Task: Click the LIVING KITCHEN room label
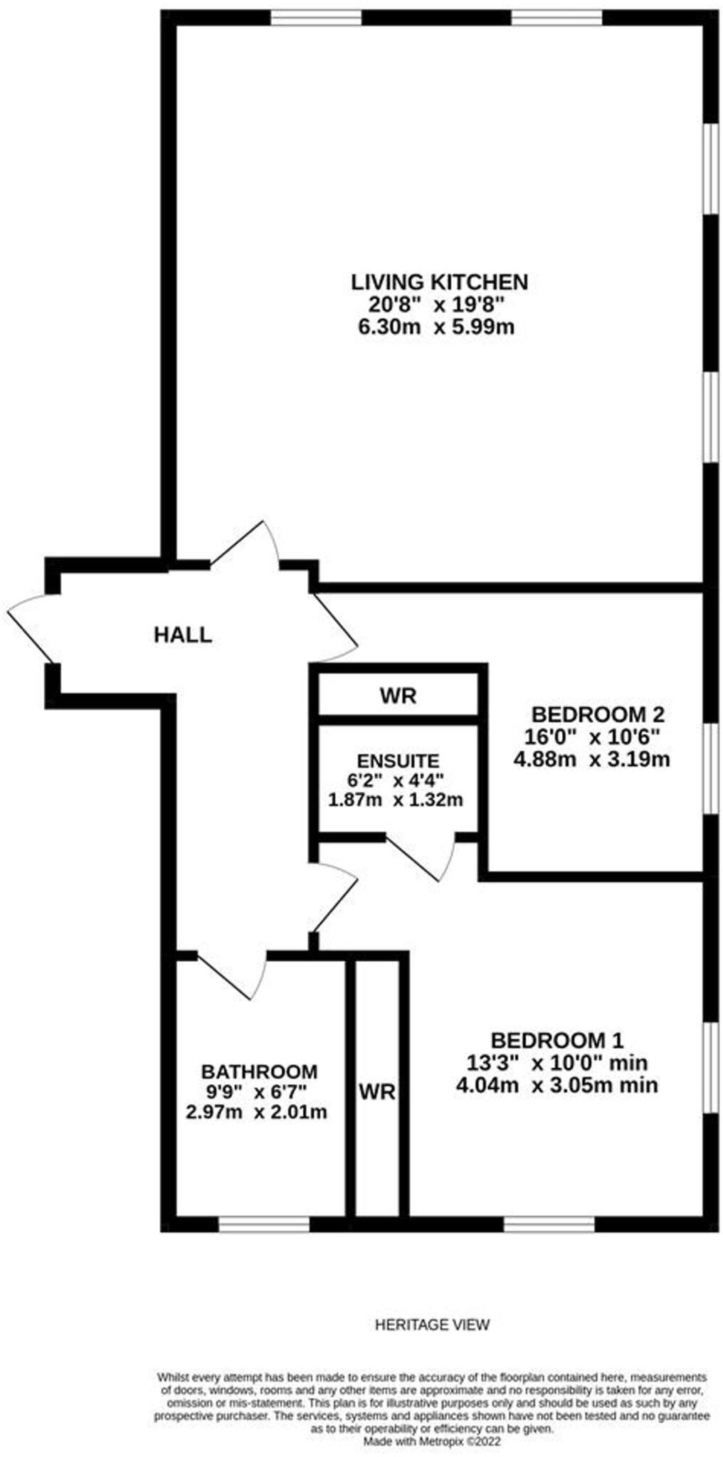point(439,282)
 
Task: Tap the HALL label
point(183,635)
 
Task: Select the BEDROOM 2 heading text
point(598,714)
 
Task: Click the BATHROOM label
point(259,1071)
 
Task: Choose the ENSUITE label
point(398,761)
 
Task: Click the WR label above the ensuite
point(398,696)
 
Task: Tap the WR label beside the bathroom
point(376,1091)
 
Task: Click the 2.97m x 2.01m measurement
point(256,1112)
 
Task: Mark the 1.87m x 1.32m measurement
point(396,800)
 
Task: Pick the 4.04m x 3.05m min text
point(556,1085)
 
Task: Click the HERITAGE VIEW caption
point(432,1325)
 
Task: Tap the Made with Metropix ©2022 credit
point(432,1441)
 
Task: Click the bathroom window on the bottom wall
point(263,1223)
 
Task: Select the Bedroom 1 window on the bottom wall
point(549,1223)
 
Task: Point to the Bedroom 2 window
point(710,768)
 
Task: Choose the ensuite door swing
point(423,857)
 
